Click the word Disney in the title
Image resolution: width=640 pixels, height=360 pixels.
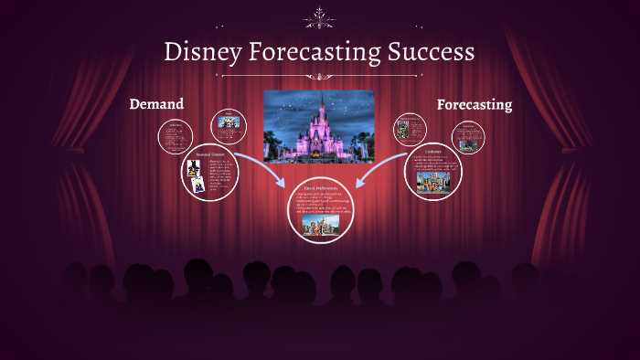tap(202, 52)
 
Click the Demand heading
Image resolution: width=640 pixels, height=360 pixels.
tap(156, 104)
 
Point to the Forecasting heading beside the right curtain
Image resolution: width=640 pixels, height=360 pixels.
tap(474, 104)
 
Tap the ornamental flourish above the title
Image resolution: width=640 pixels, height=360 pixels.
tap(319, 16)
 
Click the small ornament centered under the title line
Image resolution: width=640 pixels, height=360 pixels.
tap(319, 77)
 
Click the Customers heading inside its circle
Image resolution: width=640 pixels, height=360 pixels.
tap(432, 152)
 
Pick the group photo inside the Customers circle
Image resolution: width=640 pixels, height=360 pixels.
tap(432, 182)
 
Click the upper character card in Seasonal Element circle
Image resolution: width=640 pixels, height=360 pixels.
tap(194, 168)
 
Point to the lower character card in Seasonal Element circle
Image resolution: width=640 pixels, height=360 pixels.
tap(197, 184)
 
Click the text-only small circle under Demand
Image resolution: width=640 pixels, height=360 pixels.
tap(173, 136)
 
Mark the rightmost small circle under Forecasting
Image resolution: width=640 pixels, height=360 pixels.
tap(468, 137)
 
